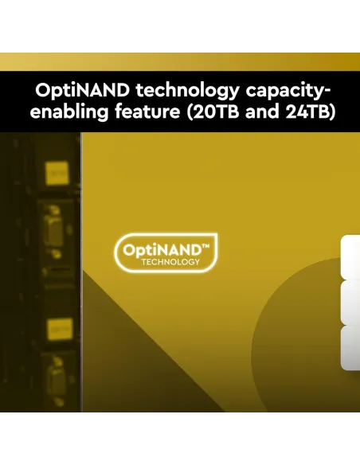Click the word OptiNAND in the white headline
pos(83,90)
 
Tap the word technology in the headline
pos(187,92)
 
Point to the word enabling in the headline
pos(69,112)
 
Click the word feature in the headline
pos(147,111)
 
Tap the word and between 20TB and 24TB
pos(262,111)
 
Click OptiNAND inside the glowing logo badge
pos(162,251)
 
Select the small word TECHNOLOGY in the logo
pos(170,262)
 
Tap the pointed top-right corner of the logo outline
pos(217,234)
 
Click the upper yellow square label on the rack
pos(57,173)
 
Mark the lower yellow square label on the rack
pos(61,329)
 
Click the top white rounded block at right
pos(350,257)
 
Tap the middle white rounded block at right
pos(350,303)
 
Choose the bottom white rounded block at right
pos(350,348)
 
